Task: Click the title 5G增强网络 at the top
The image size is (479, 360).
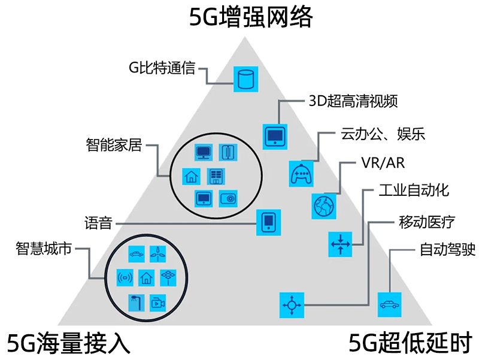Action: [251, 18]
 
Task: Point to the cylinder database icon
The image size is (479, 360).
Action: [244, 78]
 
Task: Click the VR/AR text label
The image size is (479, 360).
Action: [383, 164]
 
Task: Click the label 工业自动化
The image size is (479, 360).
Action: [414, 191]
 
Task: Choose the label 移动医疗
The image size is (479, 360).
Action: [426, 223]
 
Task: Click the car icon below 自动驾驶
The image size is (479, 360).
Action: [389, 304]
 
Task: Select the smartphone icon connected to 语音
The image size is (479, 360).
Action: [269, 222]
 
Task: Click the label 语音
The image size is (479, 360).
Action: [98, 224]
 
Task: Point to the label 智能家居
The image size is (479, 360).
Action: [114, 145]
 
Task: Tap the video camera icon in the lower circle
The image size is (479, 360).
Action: [157, 302]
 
